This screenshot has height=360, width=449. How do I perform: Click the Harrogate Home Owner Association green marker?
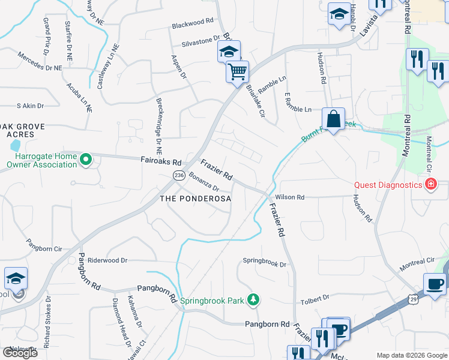pyautogui.click(x=85, y=160)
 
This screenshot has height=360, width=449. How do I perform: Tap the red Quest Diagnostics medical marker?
pyautogui.click(x=430, y=185)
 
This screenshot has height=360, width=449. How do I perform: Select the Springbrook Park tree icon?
pyautogui.click(x=254, y=299)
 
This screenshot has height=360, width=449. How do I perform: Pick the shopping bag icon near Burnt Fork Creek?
pyautogui.click(x=333, y=118)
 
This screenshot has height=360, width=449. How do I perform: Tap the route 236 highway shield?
pyautogui.click(x=178, y=175)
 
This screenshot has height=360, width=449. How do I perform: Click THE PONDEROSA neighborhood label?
pyautogui.click(x=195, y=199)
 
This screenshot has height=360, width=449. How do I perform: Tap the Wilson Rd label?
pyautogui.click(x=290, y=197)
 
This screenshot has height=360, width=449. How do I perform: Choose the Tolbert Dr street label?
pyautogui.click(x=315, y=297)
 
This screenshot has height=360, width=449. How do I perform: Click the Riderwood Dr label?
pyautogui.click(x=107, y=260)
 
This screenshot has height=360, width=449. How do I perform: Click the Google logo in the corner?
pyautogui.click(x=19, y=353)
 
